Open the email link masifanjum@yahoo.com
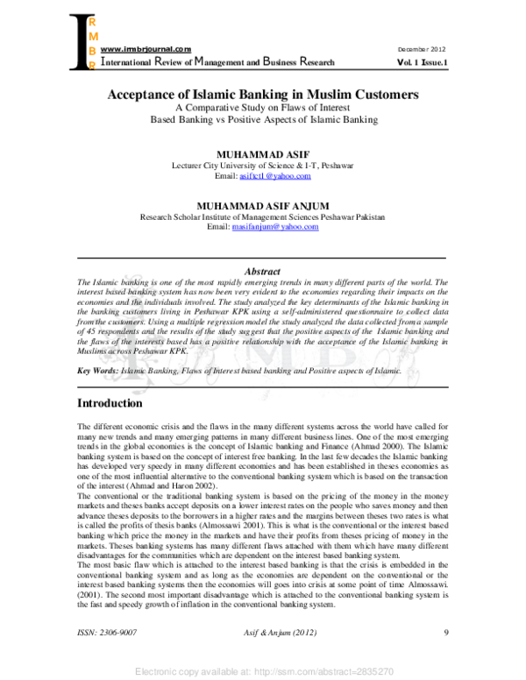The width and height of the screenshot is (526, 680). [275, 227]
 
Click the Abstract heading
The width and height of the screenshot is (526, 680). [262, 273]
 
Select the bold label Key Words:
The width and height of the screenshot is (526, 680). [98, 372]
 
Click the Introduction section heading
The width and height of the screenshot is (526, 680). [110, 404]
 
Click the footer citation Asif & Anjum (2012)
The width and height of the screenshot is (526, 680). [263, 633]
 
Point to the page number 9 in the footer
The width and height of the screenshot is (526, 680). [446, 633]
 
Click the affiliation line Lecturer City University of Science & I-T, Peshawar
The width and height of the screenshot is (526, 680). [263, 165]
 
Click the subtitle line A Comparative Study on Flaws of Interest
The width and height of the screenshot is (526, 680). [263, 109]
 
